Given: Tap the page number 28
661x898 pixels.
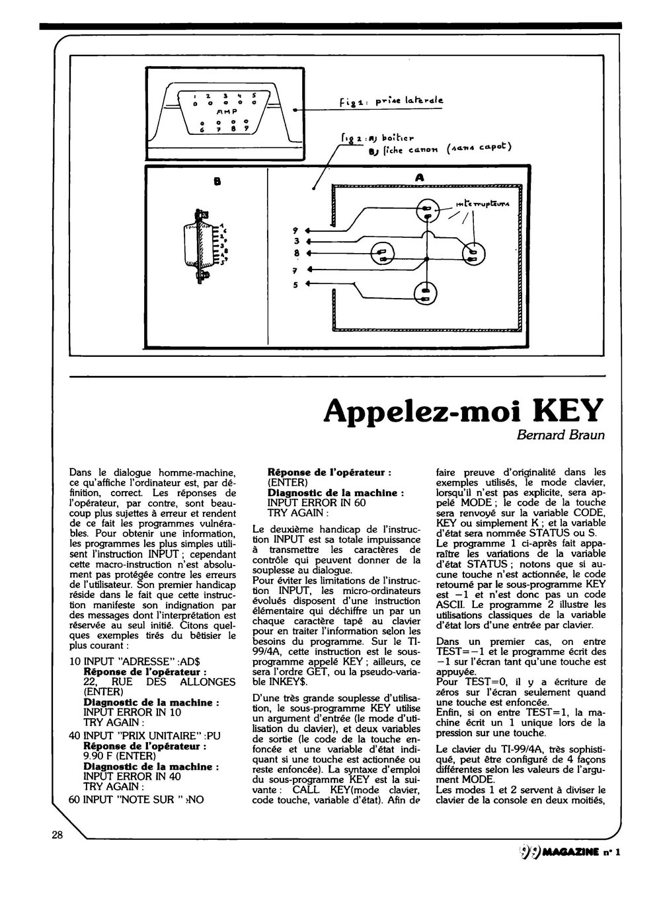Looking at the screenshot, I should (x=57, y=834).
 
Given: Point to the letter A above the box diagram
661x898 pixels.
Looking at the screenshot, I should (x=418, y=177).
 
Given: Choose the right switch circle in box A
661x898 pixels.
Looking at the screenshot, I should (x=473, y=253).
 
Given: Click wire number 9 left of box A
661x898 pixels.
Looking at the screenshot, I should (x=296, y=231).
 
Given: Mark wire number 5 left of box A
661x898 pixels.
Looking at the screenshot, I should (x=296, y=285).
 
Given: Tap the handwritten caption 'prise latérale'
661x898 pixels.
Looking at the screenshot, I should (x=409, y=101).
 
